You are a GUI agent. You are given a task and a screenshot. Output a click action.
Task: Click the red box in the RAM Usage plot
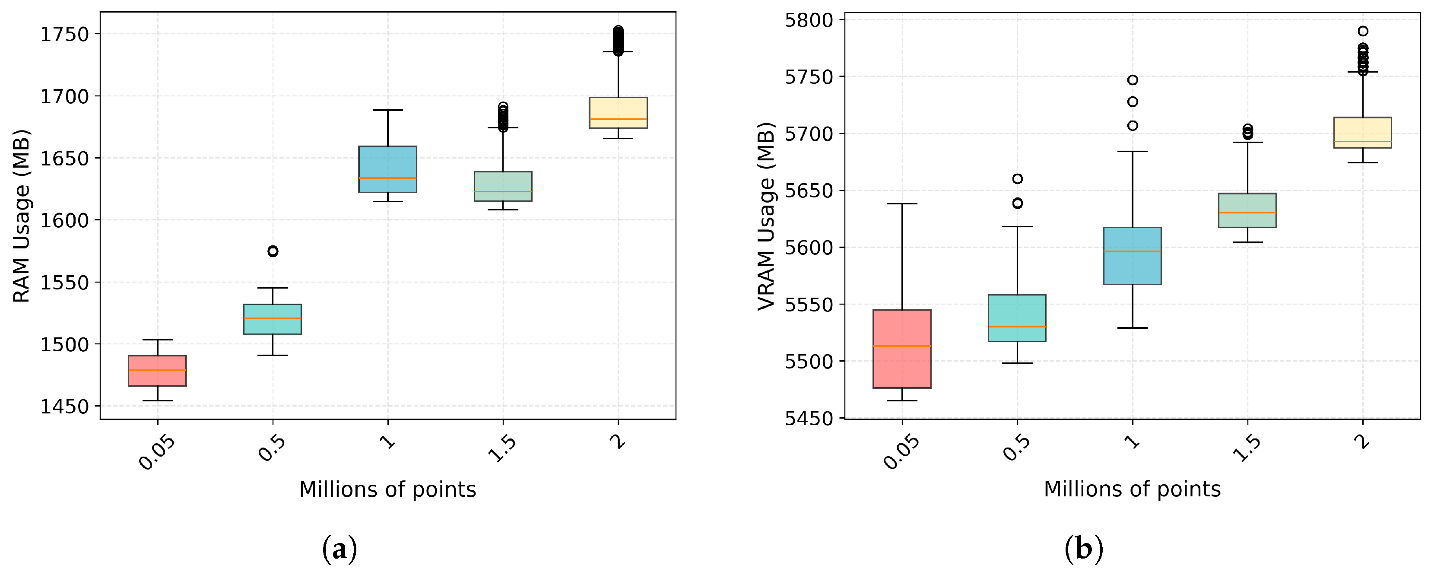pyautogui.click(x=157, y=371)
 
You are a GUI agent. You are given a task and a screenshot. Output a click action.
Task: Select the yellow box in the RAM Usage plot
pyautogui.click(x=618, y=113)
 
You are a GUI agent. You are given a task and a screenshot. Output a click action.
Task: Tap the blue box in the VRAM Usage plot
pyautogui.click(x=1132, y=256)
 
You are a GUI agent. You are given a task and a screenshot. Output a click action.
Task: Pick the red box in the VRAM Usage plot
pyautogui.click(x=902, y=348)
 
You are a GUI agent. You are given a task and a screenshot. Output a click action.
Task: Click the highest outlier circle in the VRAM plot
pyautogui.click(x=1363, y=31)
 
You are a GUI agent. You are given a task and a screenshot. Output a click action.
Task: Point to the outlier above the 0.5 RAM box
pyautogui.click(x=273, y=251)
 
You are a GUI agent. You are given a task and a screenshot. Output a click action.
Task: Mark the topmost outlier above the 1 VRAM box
pyautogui.click(x=1132, y=80)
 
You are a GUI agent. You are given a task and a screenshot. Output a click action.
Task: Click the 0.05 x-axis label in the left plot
pyautogui.click(x=157, y=452)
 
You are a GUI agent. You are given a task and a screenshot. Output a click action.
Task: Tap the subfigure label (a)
pyautogui.click(x=340, y=550)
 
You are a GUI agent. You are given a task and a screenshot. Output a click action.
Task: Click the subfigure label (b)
pyautogui.click(x=1084, y=550)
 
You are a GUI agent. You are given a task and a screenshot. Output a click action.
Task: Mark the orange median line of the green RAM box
pyautogui.click(x=503, y=192)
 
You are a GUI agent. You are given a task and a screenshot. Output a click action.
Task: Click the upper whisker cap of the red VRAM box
pyautogui.click(x=902, y=204)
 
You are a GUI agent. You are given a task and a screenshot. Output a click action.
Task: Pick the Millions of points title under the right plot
pyautogui.click(x=1132, y=489)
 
